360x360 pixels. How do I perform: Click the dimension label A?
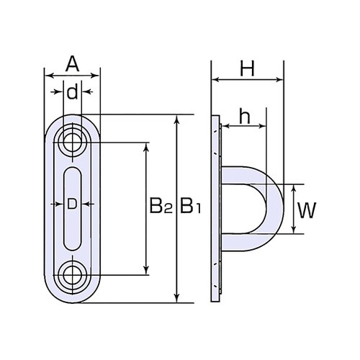click(72, 65)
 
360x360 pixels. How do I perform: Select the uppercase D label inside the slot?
click(72, 204)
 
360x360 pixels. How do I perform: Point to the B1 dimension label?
click(190, 208)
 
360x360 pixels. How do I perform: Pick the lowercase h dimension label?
click(244, 118)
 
